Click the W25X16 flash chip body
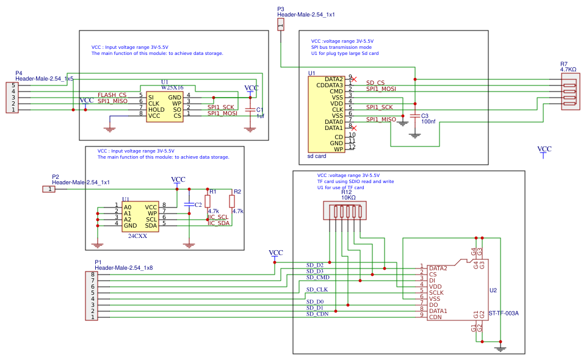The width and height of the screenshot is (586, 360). (x=165, y=106)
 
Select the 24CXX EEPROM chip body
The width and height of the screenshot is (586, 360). (x=140, y=217)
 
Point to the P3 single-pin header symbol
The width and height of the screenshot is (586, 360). (x=280, y=24)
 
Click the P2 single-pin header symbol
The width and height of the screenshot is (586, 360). (x=48, y=189)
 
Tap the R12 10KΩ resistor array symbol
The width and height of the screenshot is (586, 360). (x=347, y=212)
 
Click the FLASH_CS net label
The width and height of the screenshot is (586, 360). (x=112, y=95)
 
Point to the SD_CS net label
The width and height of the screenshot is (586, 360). (x=375, y=82)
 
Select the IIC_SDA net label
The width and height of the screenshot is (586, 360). (x=219, y=223)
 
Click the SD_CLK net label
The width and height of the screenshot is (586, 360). (x=317, y=289)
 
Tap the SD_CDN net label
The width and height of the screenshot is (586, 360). (x=317, y=314)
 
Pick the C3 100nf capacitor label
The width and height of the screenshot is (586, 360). (x=428, y=119)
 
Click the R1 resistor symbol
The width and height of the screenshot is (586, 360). (x=208, y=201)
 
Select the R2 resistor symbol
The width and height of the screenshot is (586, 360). (x=232, y=201)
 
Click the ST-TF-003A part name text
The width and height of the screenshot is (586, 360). (x=504, y=314)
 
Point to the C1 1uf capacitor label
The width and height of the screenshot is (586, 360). (x=259, y=113)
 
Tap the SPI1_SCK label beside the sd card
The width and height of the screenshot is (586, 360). (x=380, y=107)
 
